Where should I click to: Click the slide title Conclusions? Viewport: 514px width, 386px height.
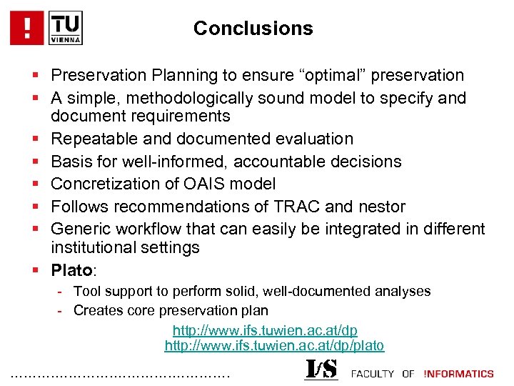pyautogui.click(x=253, y=29)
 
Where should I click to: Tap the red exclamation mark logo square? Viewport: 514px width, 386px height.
pyautogui.click(x=28, y=28)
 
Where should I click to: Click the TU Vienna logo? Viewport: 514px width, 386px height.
pyautogui.click(x=66, y=28)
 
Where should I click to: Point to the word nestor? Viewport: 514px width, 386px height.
pyautogui.click(x=381, y=207)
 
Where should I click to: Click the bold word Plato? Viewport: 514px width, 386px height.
pyautogui.click(x=71, y=271)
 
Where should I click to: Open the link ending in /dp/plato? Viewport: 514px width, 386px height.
pyautogui.click(x=274, y=346)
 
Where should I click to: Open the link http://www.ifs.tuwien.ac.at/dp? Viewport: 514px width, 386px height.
pyautogui.click(x=265, y=330)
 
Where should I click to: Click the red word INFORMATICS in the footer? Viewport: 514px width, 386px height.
pyautogui.click(x=458, y=373)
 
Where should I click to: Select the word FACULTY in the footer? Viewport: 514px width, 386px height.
pyautogui.click(x=373, y=373)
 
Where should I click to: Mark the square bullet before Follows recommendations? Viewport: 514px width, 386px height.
pyautogui.click(x=36, y=207)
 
